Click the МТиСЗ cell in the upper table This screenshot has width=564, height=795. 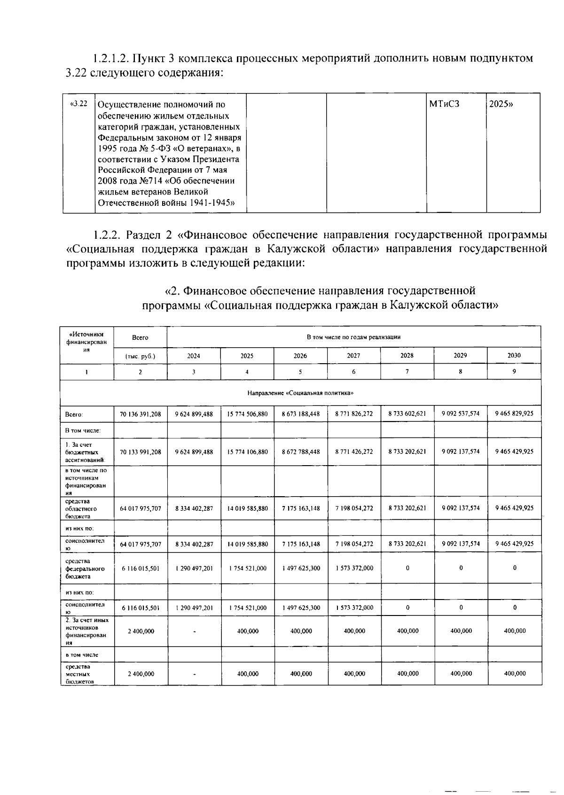444,104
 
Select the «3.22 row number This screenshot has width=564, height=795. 78,104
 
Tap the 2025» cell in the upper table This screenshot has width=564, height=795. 501,104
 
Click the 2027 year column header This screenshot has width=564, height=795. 353,356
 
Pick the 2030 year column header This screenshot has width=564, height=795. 514,356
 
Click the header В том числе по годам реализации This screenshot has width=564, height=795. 353,337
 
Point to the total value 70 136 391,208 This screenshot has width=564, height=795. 140,414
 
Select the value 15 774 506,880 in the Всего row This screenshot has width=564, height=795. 247,414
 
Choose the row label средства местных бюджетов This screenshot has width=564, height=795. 78,674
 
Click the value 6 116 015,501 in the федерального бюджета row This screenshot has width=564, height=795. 140,568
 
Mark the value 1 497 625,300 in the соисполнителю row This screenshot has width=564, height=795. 301,608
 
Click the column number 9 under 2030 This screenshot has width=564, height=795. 514,371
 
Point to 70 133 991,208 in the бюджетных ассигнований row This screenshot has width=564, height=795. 140,452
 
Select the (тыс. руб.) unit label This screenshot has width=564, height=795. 140,356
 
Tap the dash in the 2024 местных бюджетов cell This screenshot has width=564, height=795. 194,674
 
